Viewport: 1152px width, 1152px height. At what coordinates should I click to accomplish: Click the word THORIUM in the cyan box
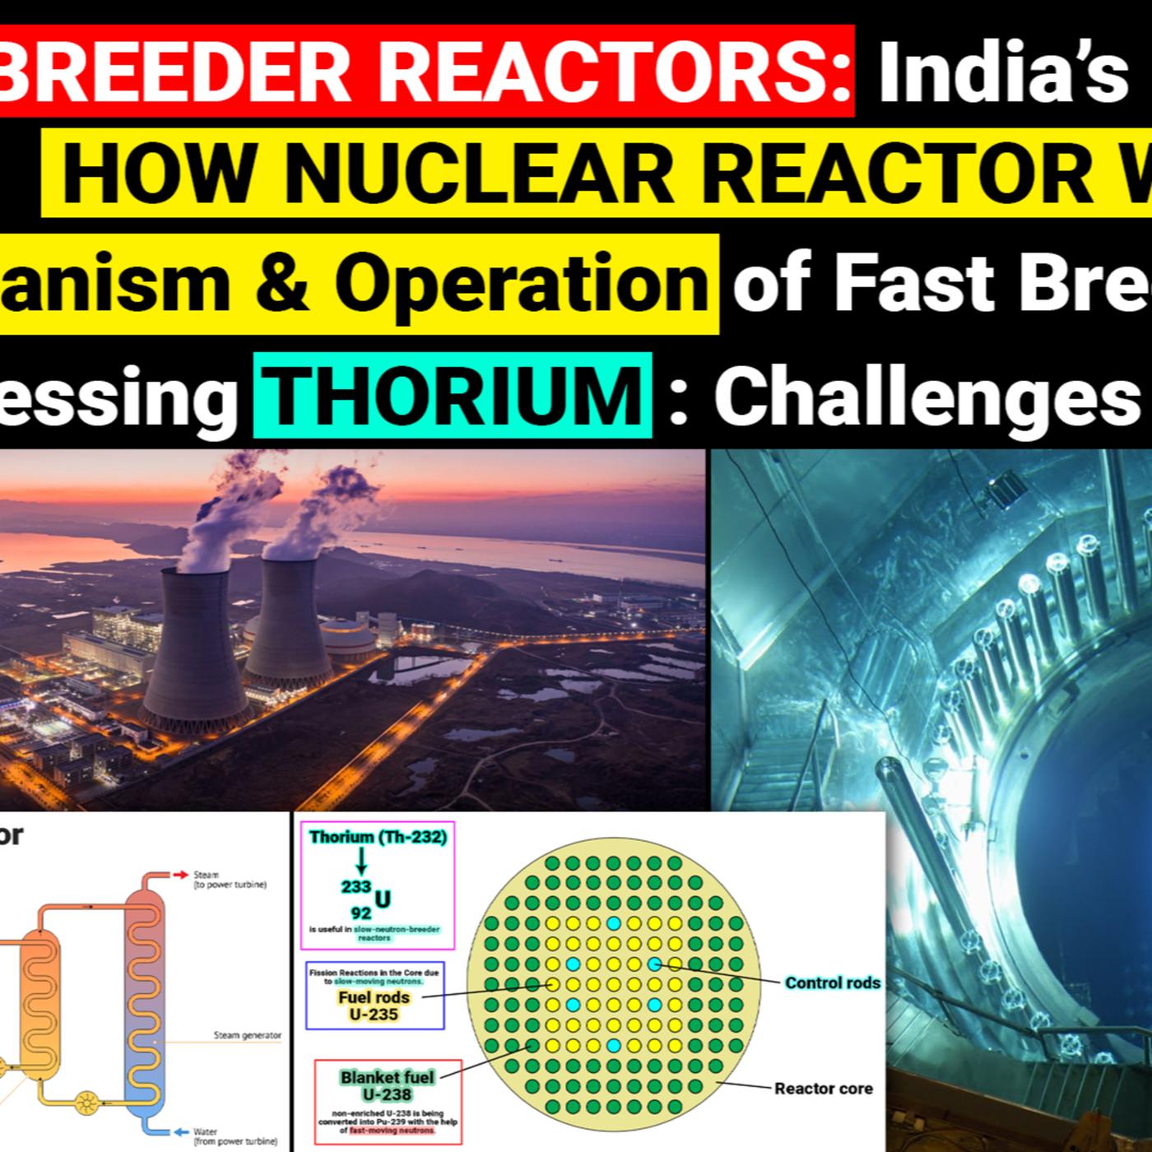click(x=453, y=396)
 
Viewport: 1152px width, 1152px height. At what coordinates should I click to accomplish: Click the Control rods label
click(x=832, y=982)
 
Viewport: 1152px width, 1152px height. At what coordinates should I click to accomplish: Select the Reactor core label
click(x=823, y=1089)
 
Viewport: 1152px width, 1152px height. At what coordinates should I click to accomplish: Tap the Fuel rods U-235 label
click(x=374, y=1006)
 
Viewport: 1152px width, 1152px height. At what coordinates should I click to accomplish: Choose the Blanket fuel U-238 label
click(x=387, y=1085)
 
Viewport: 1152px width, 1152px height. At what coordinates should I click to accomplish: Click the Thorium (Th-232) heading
click(x=378, y=837)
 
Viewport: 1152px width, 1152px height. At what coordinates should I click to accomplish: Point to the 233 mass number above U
click(x=356, y=886)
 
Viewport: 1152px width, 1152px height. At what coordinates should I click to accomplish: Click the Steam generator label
click(x=247, y=1035)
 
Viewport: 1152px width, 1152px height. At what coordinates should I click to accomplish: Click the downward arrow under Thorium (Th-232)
click(x=360, y=862)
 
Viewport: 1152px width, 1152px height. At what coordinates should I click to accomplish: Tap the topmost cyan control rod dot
click(x=613, y=923)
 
